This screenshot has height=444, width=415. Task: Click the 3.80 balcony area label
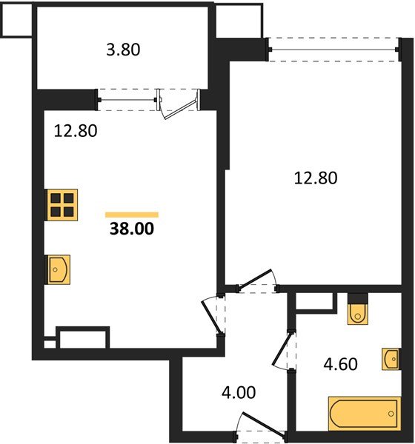123,50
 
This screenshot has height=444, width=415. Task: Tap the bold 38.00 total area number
132,229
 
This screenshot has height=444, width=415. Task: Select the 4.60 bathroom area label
340,364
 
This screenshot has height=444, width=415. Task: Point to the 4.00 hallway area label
239,392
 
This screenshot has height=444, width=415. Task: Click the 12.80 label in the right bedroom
316,178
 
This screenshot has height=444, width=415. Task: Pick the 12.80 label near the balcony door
76,131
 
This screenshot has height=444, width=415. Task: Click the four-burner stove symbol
62,205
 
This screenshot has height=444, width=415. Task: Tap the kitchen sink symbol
59,269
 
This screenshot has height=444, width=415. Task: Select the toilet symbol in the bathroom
358,314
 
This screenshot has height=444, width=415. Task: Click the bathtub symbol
365,414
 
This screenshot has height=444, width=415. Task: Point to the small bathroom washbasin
391,359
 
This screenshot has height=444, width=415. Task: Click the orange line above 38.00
132,215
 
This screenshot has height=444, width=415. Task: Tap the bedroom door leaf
255,279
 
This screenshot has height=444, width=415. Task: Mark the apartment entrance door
263,424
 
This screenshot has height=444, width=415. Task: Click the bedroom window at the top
333,50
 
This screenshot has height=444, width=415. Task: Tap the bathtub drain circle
391,414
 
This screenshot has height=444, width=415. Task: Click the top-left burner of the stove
56,198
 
